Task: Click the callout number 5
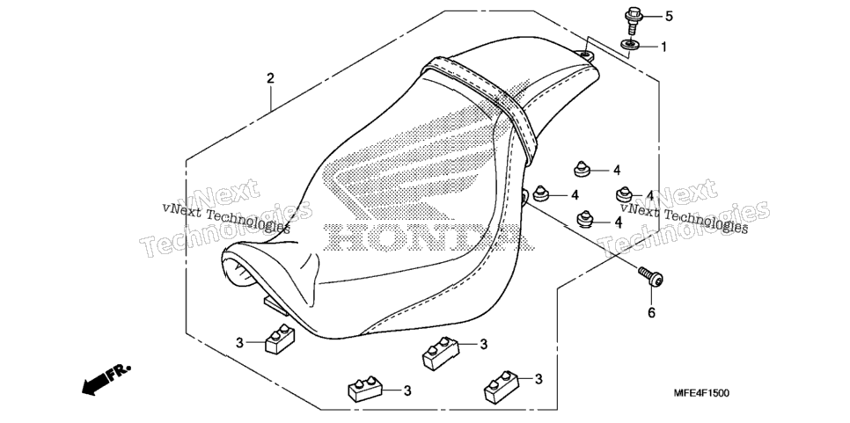tap(669, 16)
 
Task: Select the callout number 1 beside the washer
tap(663, 47)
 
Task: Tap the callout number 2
tap(270, 78)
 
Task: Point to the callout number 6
tap(651, 312)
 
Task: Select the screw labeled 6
tap(651, 276)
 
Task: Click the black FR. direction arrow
tap(106, 378)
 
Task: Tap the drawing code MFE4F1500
tap(701, 393)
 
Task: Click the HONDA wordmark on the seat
tap(431, 237)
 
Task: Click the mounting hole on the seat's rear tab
tap(585, 55)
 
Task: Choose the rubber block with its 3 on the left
tap(281, 339)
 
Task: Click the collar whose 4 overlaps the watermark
tap(625, 193)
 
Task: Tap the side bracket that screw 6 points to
tap(524, 195)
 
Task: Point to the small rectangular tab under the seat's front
tap(276, 305)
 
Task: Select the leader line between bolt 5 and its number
tap(652, 16)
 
